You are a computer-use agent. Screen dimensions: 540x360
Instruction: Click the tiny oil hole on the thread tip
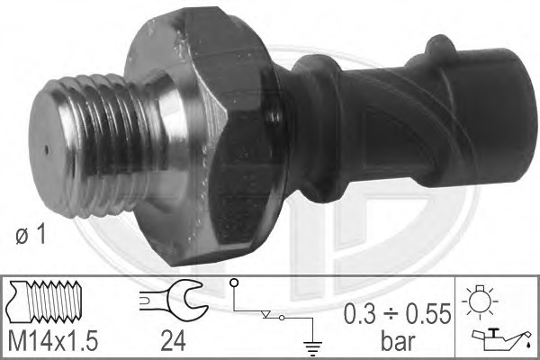47,149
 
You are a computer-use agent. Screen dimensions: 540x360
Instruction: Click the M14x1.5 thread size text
53,340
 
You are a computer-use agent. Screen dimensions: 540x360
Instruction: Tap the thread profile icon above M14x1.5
45,301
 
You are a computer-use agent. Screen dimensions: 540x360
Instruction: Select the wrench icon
174,301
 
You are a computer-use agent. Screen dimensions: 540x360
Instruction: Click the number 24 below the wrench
173,340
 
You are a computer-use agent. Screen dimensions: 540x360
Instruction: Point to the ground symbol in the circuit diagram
312,348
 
